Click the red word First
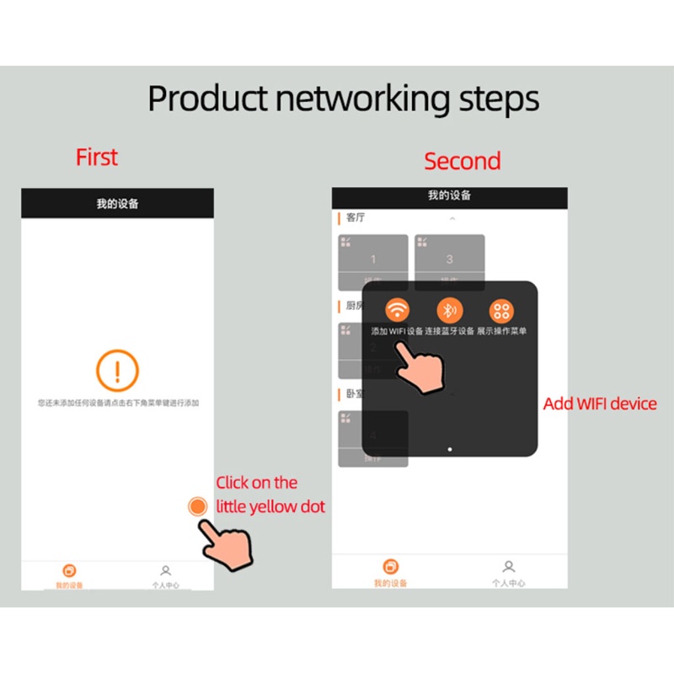tap(97, 158)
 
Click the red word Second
tap(462, 161)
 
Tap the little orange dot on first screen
tap(197, 506)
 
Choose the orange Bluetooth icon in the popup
tap(450, 309)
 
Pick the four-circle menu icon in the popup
tap(502, 309)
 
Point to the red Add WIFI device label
tap(600, 404)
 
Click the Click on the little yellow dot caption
tap(270, 495)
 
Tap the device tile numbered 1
tap(373, 260)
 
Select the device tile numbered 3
tap(449, 260)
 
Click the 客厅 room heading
tap(356, 218)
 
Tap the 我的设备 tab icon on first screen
tap(70, 570)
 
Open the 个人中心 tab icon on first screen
tap(166, 570)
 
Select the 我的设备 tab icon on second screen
tap(390, 566)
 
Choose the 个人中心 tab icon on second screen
tap(508, 566)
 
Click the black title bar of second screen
tap(449, 196)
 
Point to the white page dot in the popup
tap(449, 449)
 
